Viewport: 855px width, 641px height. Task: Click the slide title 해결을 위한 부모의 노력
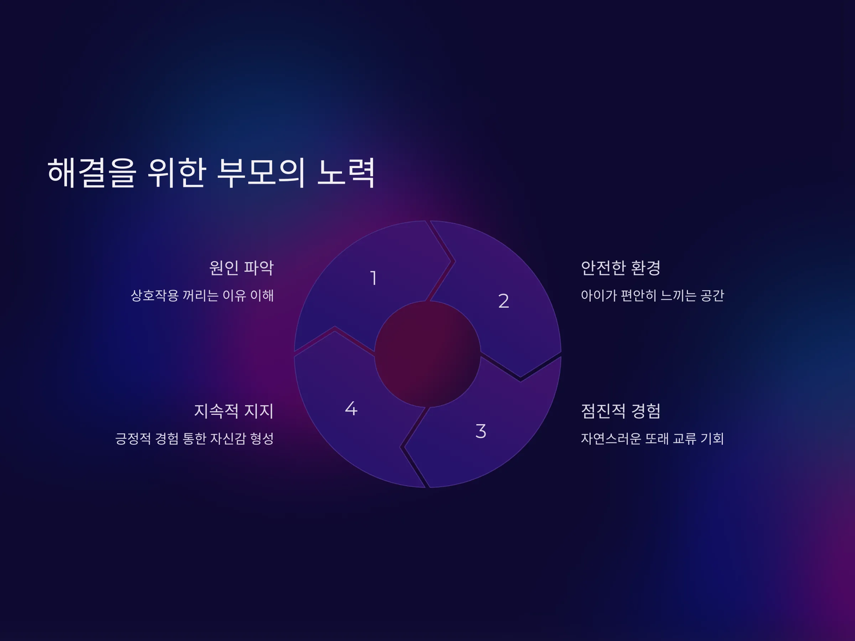coord(211,173)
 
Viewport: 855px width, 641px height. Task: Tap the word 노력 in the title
coord(346,173)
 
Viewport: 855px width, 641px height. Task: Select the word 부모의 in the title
coord(261,173)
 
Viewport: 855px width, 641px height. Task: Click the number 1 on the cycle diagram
coord(373,278)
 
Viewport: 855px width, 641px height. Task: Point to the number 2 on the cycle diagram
coord(504,301)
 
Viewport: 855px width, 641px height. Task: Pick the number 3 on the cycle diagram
coord(481,431)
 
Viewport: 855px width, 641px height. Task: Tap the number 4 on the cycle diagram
coord(351,408)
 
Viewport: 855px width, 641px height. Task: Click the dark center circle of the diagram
coord(427,354)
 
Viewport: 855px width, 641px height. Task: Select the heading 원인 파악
coord(241,268)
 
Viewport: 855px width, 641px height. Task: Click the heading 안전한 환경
coord(621,268)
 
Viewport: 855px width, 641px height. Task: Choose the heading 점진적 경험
coord(621,411)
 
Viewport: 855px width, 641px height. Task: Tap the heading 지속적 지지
coord(233,411)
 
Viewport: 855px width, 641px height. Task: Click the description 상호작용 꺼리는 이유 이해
coord(202,296)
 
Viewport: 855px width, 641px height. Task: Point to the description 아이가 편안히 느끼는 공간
coord(652,296)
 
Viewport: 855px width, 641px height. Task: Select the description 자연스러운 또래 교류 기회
coord(652,438)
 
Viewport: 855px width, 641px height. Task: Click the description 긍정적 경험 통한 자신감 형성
coord(195,438)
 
